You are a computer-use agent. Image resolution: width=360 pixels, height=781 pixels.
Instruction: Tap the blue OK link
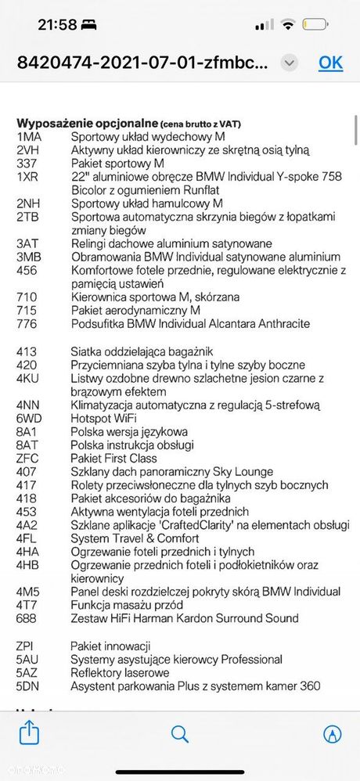pyautogui.click(x=330, y=63)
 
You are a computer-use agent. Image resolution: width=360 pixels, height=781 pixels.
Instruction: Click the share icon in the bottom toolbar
pyautogui.click(x=29, y=733)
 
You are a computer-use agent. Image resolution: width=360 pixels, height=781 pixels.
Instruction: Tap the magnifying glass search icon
pyautogui.click(x=180, y=734)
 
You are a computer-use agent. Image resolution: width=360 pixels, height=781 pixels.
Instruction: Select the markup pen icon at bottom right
pyautogui.click(x=332, y=734)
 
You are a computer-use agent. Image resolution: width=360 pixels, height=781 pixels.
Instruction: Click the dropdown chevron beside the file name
pyautogui.click(x=290, y=63)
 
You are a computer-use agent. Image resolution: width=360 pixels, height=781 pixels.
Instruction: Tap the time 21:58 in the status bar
pyautogui.click(x=57, y=25)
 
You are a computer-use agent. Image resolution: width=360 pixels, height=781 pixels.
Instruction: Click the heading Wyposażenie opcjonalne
pyautogui.click(x=86, y=123)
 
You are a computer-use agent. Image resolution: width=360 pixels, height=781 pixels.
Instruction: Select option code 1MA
pyautogui.click(x=29, y=136)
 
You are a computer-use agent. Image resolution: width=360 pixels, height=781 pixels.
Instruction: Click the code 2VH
pyautogui.click(x=29, y=150)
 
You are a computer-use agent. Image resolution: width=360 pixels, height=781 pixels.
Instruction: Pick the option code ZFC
pyautogui.click(x=28, y=459)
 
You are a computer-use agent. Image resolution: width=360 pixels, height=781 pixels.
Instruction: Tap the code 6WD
pyautogui.click(x=29, y=418)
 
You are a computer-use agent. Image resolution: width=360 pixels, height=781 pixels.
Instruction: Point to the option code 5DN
pyautogui.click(x=29, y=686)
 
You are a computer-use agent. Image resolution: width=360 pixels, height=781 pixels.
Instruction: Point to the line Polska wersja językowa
pyautogui.click(x=129, y=431)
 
